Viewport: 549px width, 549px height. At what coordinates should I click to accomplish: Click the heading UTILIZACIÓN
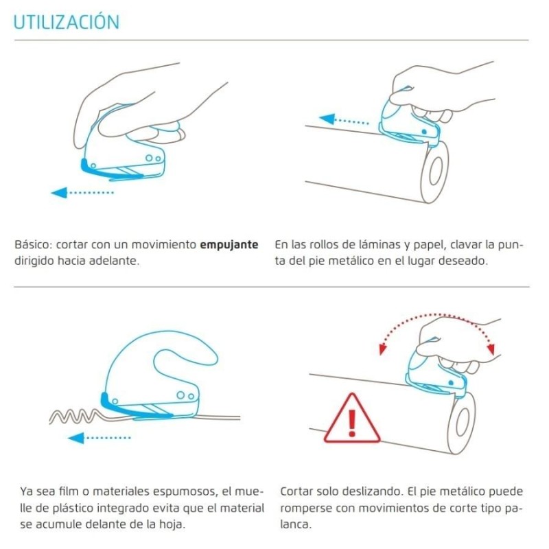pos(67,21)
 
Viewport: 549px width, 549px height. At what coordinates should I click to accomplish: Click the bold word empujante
pos(229,245)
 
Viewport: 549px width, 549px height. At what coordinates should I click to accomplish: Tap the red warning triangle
pos(351,419)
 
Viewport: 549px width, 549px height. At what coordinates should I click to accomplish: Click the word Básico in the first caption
pos(33,244)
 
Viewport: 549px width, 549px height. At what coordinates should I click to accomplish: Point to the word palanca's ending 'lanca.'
pos(296,524)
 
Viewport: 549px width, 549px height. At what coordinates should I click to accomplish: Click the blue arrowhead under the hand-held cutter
pos(59,193)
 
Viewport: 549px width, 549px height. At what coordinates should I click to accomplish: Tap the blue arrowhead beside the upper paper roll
pos(327,119)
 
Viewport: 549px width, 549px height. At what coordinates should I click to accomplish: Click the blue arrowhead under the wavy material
pos(75,438)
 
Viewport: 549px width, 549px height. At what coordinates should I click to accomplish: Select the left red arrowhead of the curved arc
pos(383,349)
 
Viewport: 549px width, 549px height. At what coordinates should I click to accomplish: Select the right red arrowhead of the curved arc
pos(491,349)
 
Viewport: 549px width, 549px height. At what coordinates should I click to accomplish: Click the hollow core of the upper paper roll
pos(436,172)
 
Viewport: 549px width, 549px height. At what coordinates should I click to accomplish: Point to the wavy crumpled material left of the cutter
pos(75,416)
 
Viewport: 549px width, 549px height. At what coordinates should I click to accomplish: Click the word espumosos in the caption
pos(189,492)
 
